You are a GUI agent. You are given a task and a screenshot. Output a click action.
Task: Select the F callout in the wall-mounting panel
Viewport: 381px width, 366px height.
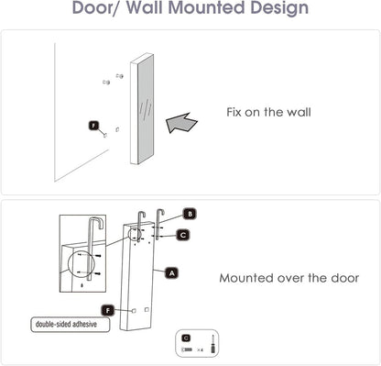pyautogui.click(x=93, y=124)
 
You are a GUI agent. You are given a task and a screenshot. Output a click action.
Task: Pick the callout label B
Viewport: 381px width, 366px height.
pyautogui.click(x=190, y=215)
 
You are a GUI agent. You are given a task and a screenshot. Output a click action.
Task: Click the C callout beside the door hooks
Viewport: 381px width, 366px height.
pyautogui.click(x=183, y=234)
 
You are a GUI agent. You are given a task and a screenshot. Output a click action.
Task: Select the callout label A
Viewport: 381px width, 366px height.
pyautogui.click(x=170, y=272)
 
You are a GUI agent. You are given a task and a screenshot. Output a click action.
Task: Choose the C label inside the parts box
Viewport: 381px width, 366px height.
pyautogui.click(x=186, y=338)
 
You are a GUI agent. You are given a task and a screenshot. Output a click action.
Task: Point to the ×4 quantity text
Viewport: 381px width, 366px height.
pyautogui.click(x=200, y=350)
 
